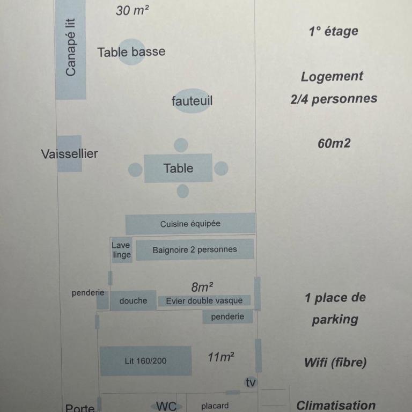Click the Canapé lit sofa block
tap(71, 49)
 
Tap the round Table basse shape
tap(131, 51)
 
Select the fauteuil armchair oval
tap(192, 101)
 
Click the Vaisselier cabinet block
tap(69, 154)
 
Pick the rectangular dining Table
tap(178, 168)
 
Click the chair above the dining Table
tap(181, 145)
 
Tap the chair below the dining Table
tap(182, 191)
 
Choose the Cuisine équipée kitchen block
tap(190, 224)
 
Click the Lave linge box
tap(121, 250)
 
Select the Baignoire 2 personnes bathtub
tap(195, 249)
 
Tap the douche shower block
tap(133, 300)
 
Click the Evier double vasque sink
tap(204, 300)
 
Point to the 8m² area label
tap(202, 287)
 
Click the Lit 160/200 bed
tap(145, 360)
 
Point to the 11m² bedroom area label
tap(220, 357)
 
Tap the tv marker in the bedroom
tap(251, 382)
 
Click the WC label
tap(166, 406)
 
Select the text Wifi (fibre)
tap(335, 363)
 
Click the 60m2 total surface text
tap(334, 143)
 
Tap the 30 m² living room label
tap(132, 11)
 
